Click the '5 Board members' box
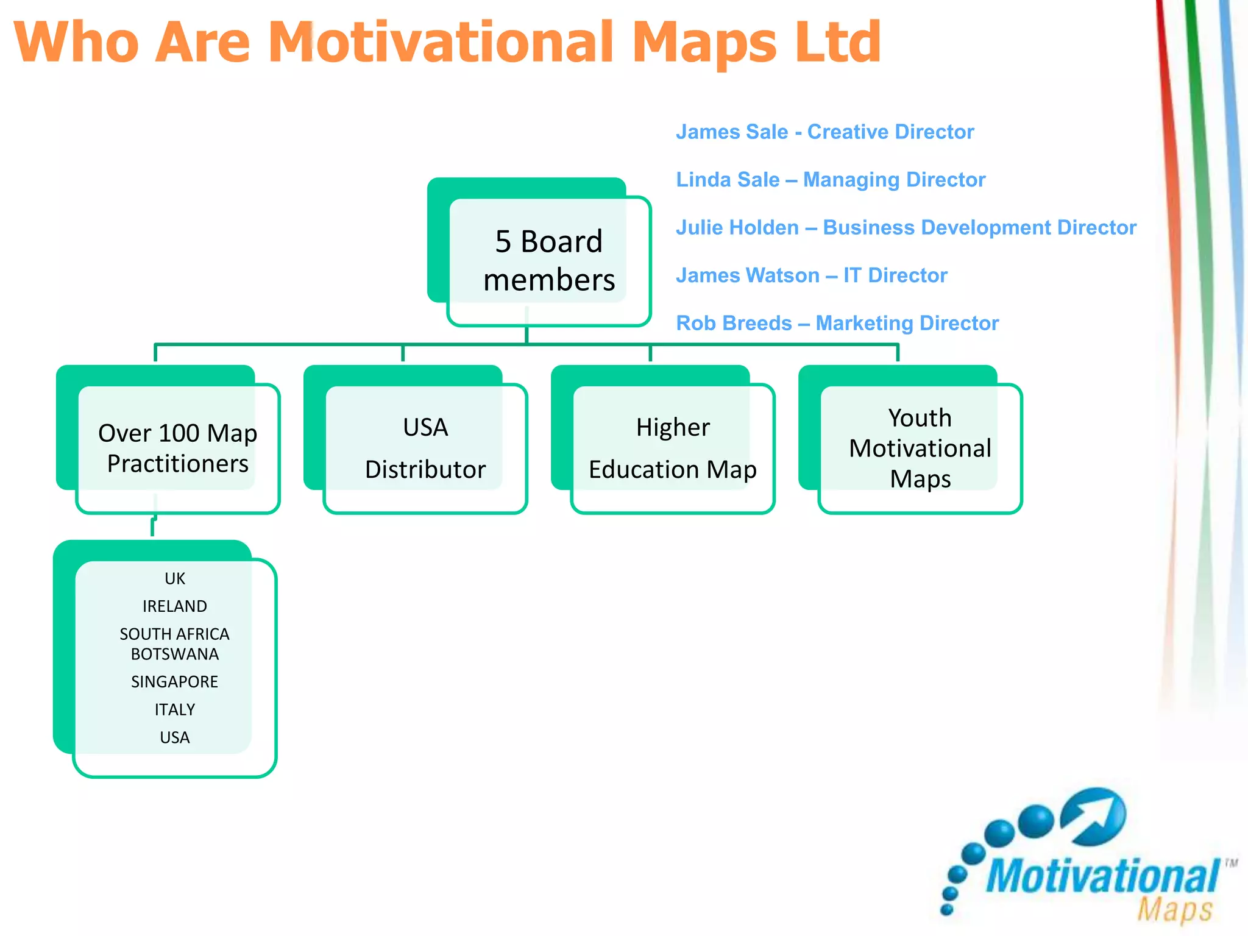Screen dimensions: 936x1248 548,260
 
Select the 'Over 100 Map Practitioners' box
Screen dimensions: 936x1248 177,448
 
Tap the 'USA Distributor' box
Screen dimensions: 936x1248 425,448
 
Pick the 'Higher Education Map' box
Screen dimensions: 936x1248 672,448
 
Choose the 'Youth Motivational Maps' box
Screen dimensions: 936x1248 920,448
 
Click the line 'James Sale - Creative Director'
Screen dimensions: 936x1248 824,132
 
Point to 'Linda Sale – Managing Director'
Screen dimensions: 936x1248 830,180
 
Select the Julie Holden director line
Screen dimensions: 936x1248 906,227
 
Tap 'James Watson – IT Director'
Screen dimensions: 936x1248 811,275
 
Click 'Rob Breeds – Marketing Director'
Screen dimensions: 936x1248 837,323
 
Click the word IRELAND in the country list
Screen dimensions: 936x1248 174,606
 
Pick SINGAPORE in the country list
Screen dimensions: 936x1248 174,682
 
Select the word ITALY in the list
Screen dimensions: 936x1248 174,710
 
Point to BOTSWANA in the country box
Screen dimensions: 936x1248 174,654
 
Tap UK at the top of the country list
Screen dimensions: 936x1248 174,578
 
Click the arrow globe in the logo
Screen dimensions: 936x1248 1093,817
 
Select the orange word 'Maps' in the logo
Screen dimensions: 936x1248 1174,910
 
